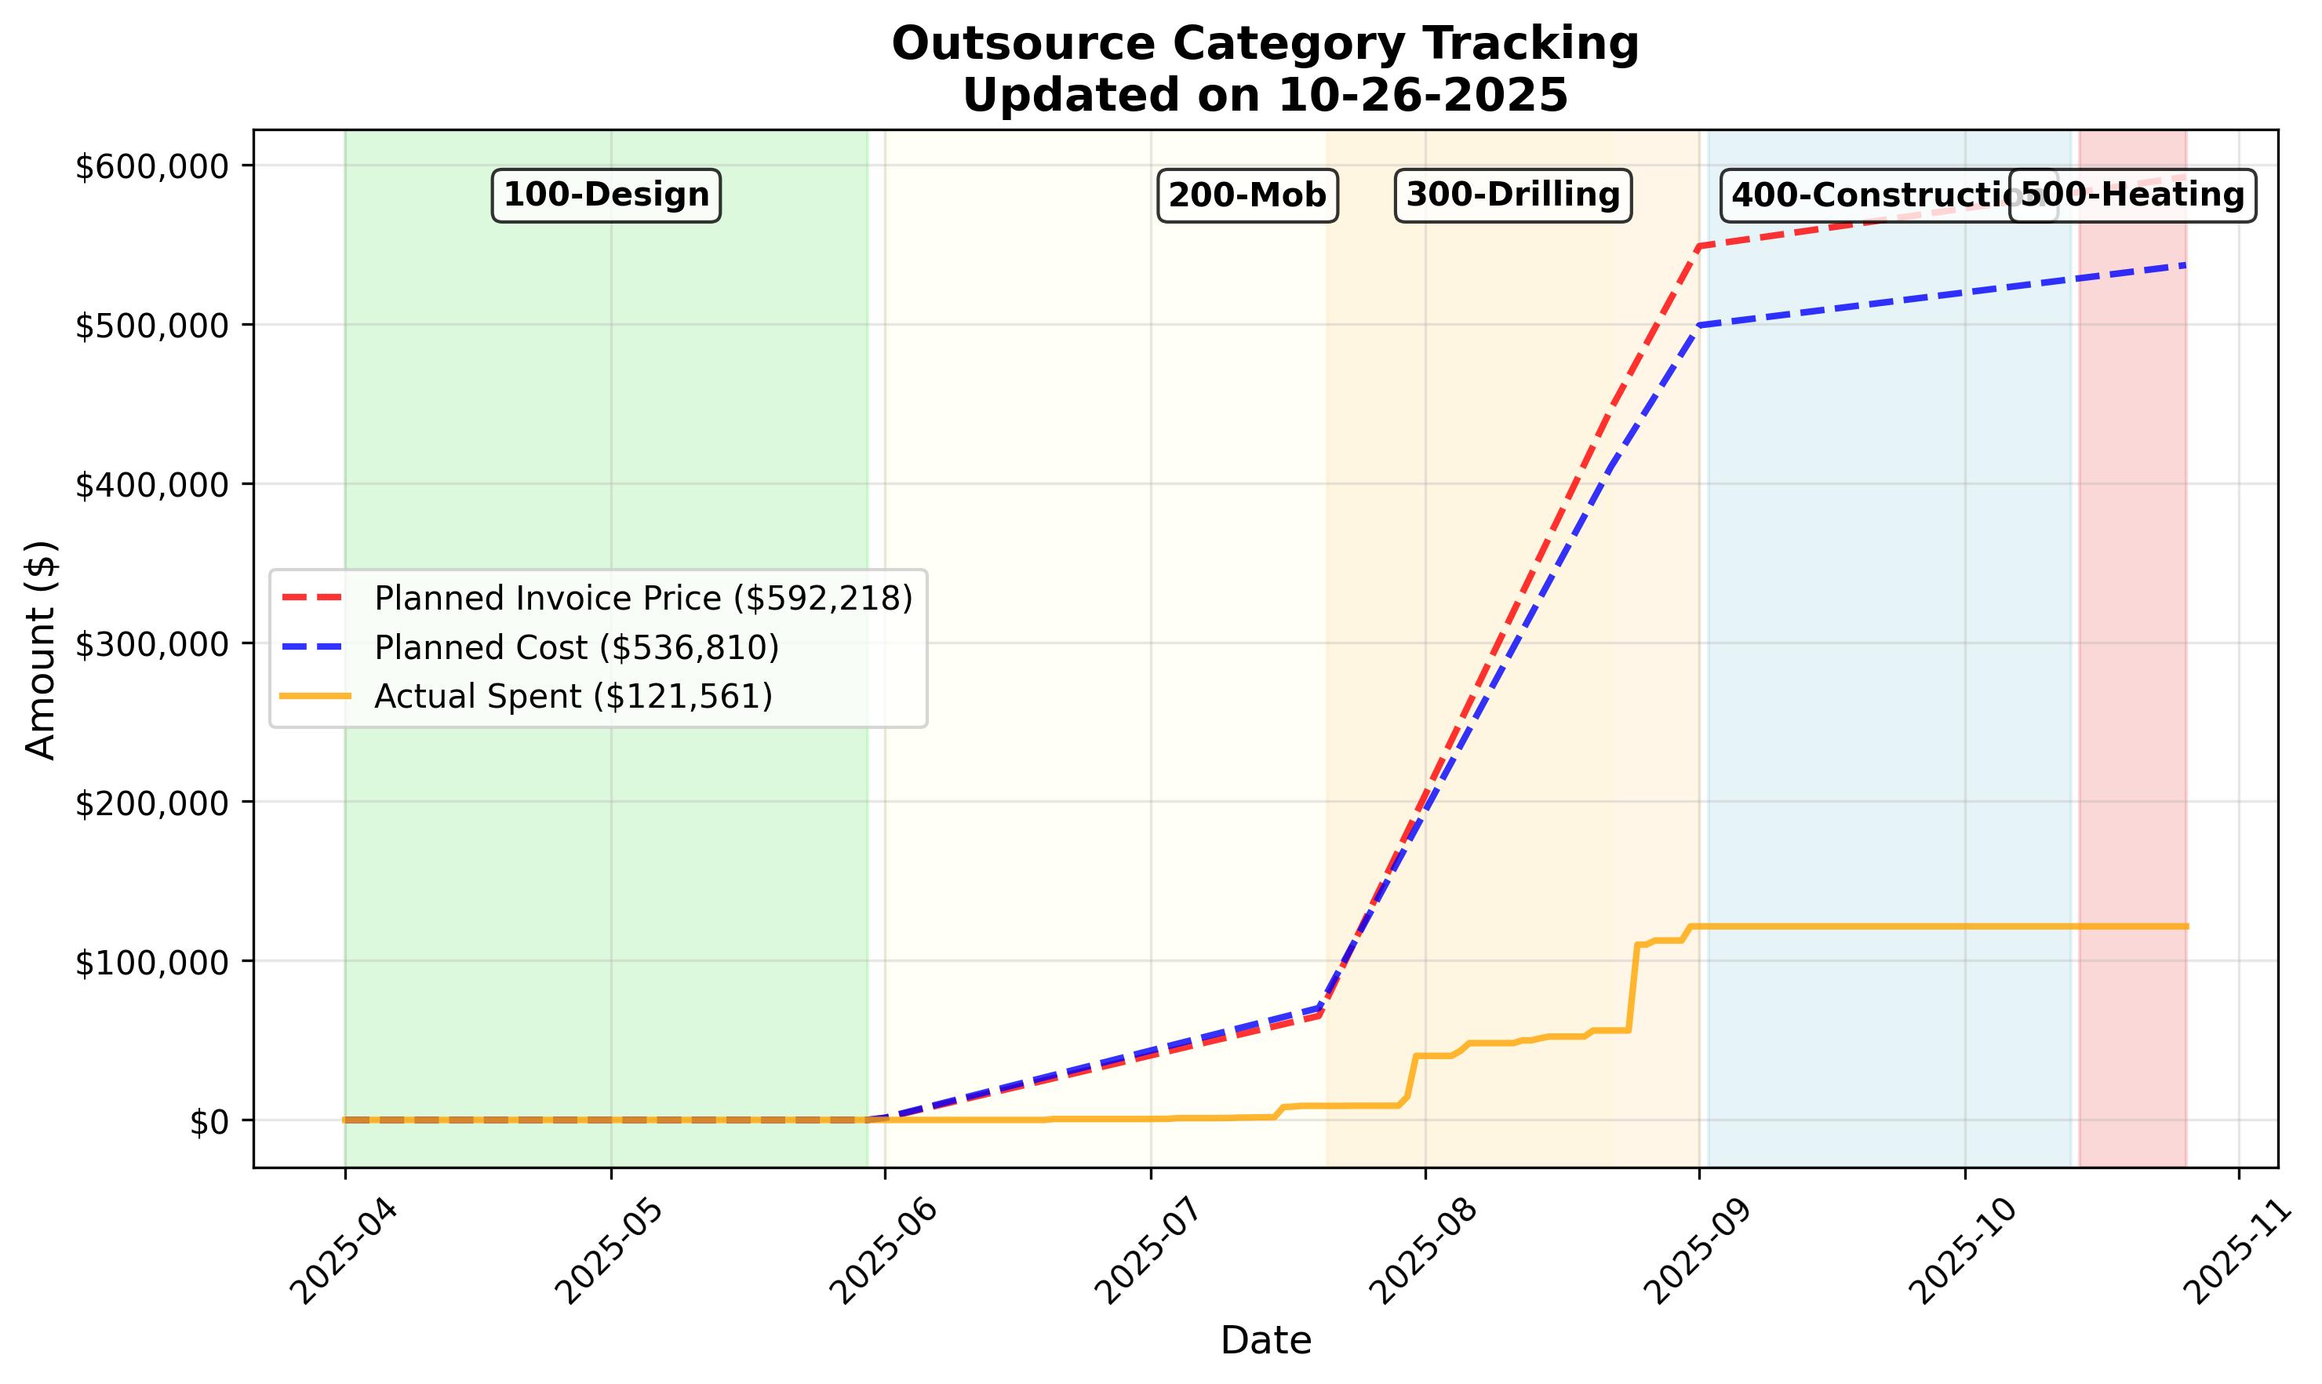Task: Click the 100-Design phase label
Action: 606,195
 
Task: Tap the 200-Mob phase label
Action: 1247,195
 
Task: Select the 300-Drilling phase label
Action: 1512,195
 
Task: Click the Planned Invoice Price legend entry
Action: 642,599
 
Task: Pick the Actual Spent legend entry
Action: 573,697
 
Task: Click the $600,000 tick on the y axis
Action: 151,168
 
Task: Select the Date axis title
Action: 1265,1341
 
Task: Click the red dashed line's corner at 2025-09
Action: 1699,246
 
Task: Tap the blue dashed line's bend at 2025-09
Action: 1699,325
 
